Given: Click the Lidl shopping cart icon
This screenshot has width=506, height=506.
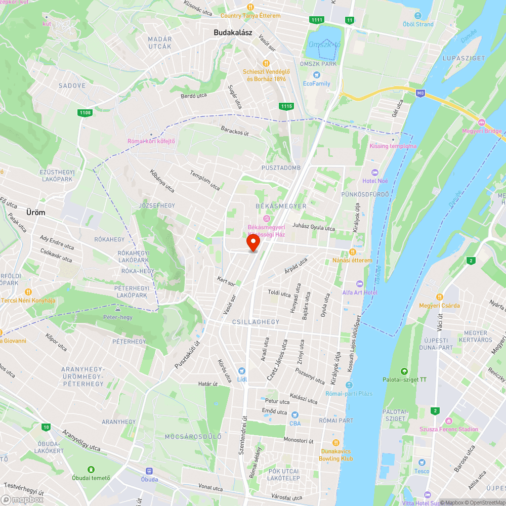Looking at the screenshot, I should tap(242, 371).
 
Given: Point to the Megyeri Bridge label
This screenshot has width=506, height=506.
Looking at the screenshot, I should tap(482, 132).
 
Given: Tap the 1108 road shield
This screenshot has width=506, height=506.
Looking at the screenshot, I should tap(85, 112).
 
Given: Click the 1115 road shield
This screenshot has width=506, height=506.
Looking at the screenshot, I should tap(286, 106).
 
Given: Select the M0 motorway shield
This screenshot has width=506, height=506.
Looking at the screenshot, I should tap(420, 93).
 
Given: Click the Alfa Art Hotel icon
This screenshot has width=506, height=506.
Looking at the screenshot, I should tap(360, 284).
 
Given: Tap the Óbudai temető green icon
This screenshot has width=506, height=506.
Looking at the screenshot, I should tap(91, 470).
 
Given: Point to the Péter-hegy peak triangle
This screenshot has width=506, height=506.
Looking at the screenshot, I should tap(117, 308).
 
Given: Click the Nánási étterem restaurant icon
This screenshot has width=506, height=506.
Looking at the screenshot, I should tap(352, 252).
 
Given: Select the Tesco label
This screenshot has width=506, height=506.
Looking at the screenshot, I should tap(421, 471).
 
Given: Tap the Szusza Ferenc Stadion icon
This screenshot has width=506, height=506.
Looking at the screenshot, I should tap(448, 421).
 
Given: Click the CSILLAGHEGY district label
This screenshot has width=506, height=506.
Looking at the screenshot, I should tap(256, 322).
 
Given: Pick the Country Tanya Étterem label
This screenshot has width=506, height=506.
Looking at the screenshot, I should tap(257, 16).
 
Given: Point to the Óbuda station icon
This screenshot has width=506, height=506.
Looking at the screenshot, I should tap(149, 471).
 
